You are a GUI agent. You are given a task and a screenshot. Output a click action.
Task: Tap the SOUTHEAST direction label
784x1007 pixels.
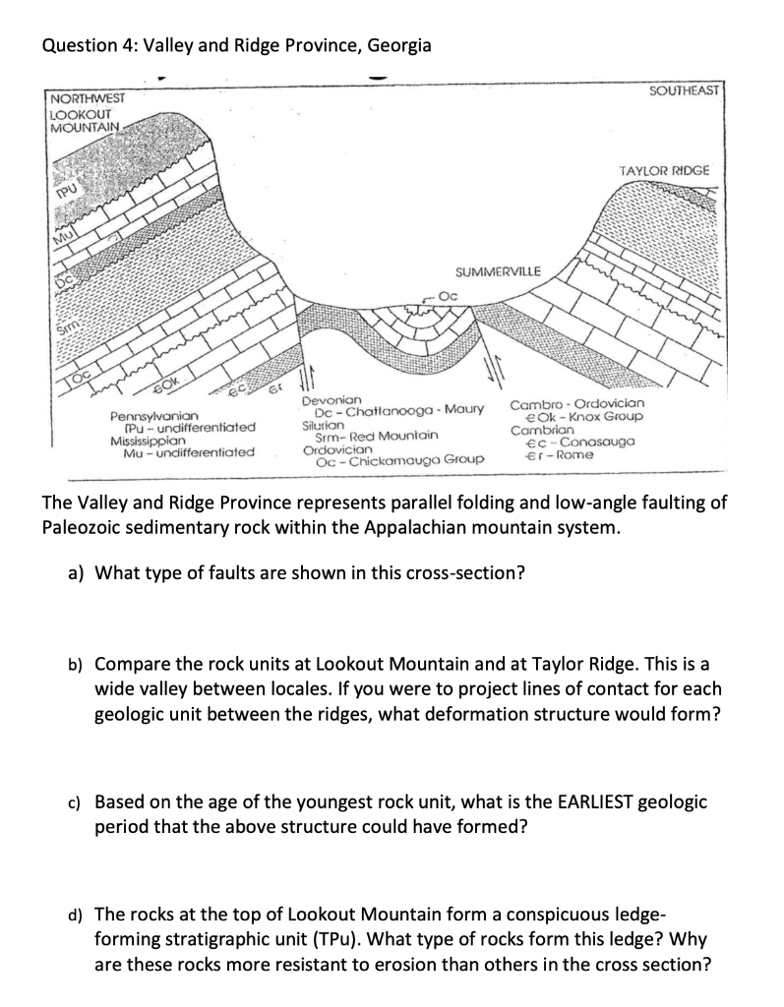point(686,91)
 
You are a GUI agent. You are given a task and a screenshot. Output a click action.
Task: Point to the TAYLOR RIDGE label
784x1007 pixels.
point(664,170)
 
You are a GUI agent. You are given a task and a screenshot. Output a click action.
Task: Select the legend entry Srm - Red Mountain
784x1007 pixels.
point(373,435)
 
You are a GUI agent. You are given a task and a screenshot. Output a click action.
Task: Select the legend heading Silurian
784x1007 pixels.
point(326,423)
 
